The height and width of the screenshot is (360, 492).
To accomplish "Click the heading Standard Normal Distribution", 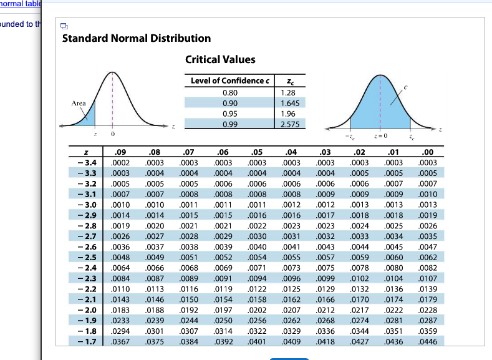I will [x=137, y=38].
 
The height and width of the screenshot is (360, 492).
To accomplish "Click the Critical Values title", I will [x=220, y=59].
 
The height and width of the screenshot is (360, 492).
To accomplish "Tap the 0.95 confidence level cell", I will [x=229, y=114].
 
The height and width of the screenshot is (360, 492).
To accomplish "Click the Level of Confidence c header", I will [x=230, y=80].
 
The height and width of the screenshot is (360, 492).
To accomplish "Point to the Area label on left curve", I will [x=79, y=103].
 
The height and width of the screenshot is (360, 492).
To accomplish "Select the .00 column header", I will [x=428, y=152].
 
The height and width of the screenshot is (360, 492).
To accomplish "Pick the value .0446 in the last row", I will [x=428, y=341].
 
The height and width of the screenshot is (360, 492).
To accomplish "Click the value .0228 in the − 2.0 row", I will [x=428, y=309].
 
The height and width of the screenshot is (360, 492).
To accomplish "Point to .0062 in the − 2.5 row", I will [x=428, y=257].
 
